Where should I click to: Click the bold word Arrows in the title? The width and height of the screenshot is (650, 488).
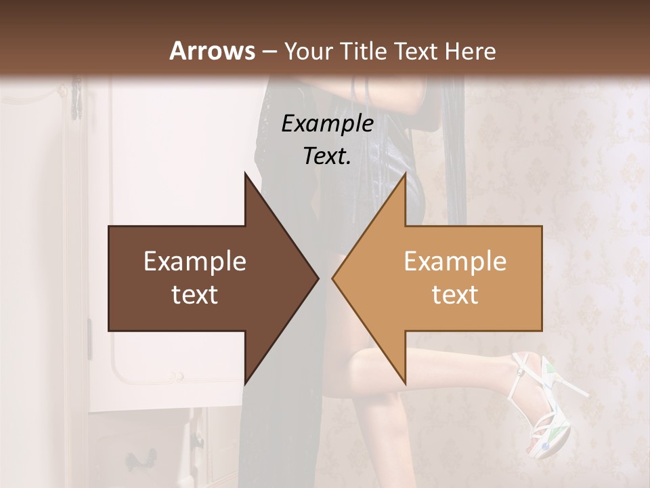coord(212,51)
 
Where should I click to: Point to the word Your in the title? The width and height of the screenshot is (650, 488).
coord(309,52)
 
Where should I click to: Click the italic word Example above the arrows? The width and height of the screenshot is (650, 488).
coord(327,124)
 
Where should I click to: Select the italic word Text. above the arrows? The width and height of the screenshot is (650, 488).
coord(327,156)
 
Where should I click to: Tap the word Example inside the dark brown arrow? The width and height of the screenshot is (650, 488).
coord(195,262)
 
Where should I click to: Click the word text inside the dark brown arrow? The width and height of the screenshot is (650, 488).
coord(195,295)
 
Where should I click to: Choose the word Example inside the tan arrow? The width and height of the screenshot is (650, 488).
coord(455,262)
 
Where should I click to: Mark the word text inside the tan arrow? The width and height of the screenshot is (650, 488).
coord(455,295)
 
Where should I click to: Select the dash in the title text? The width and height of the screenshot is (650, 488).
coord(269,52)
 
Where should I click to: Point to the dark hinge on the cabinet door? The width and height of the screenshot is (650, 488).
coord(89,339)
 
